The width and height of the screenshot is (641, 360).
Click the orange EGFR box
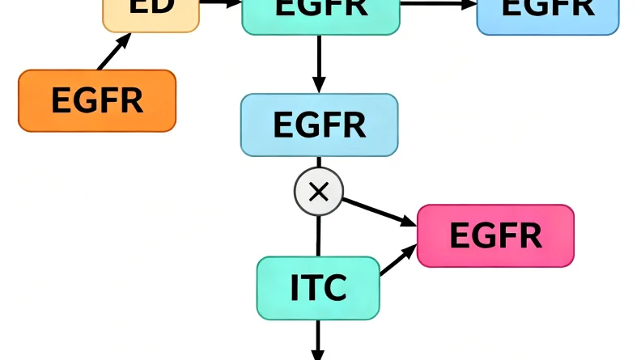[x=97, y=100]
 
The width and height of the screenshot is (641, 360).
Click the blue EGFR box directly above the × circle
[x=319, y=125]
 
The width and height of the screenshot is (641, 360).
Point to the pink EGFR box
[x=495, y=235]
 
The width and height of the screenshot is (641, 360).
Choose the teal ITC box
[x=318, y=287]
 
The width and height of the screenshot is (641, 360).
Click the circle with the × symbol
[x=319, y=192]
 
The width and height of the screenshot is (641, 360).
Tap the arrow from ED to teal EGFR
[x=220, y=3]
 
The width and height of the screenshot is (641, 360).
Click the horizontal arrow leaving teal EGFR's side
[x=438, y=4]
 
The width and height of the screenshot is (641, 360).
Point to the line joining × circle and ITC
[x=318, y=235]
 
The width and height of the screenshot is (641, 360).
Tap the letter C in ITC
[x=335, y=288]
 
